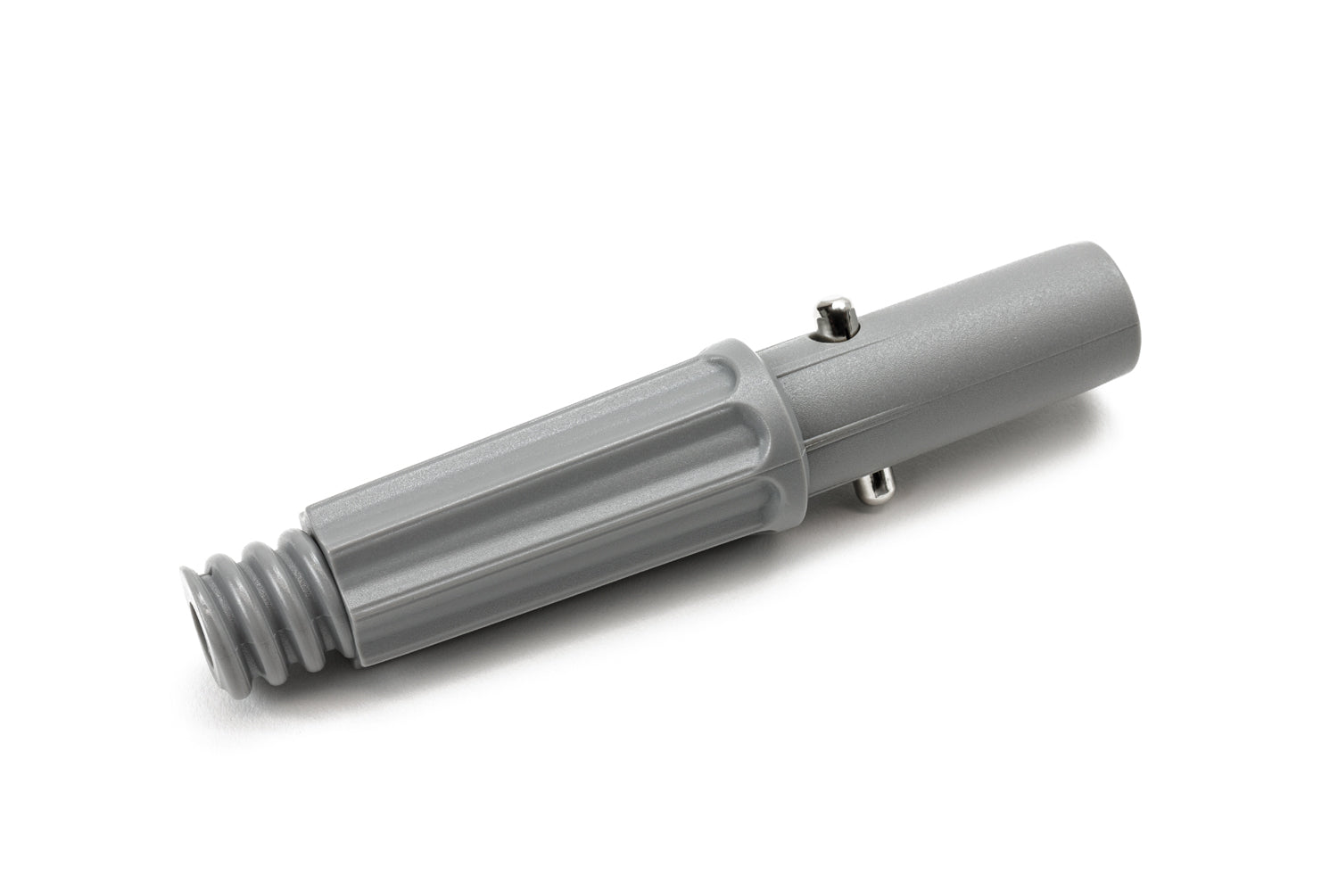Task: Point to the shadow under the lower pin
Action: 892,517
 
